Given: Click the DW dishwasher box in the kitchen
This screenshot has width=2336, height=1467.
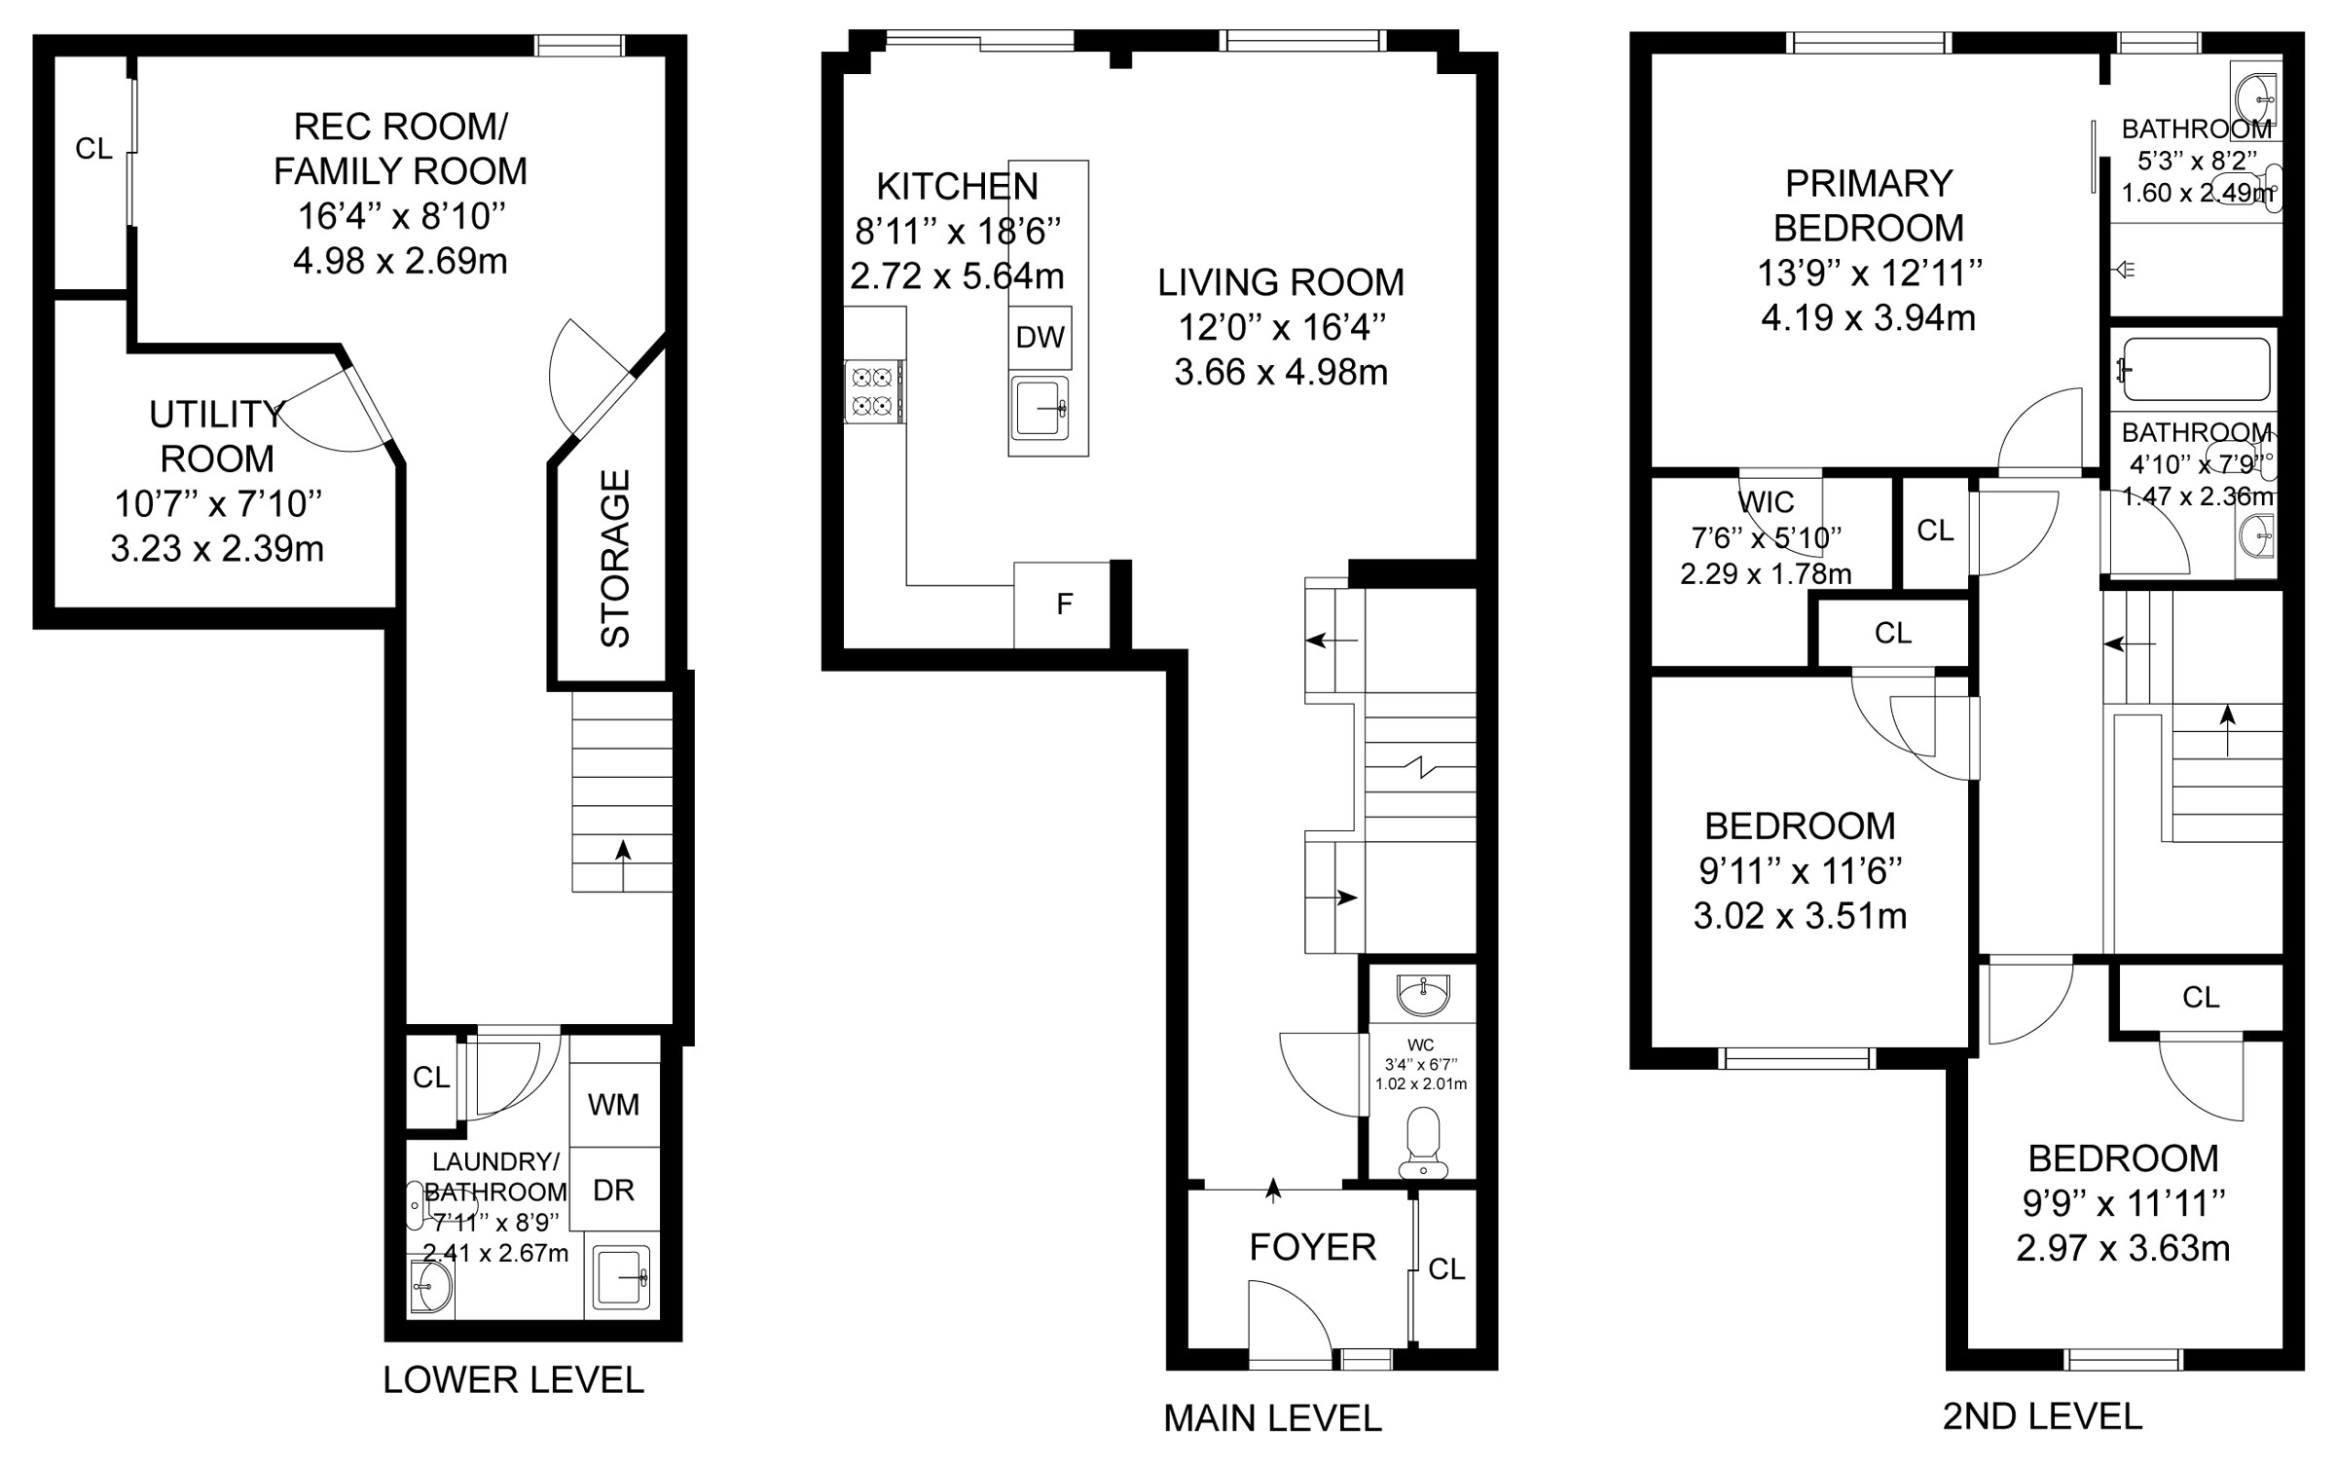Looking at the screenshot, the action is [1040, 337].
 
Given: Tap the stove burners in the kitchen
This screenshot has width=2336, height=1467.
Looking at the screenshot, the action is [873, 391].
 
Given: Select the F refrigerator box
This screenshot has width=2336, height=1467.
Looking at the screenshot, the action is [1063, 605].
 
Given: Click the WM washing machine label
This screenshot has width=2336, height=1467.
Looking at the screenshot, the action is [613, 1104].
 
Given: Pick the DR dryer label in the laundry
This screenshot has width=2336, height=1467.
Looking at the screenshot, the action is [613, 1190].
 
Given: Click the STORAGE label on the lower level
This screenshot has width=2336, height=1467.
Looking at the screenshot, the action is [615, 559].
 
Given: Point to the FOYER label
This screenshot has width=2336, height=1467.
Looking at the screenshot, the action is [1312, 1247].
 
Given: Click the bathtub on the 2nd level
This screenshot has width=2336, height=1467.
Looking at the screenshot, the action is [2196, 369].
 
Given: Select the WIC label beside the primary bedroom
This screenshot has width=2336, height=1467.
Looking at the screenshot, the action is [1766, 502].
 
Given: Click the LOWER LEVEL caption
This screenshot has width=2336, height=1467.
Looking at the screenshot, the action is [513, 1379].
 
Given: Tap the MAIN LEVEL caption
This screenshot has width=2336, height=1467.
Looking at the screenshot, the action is [1272, 1418].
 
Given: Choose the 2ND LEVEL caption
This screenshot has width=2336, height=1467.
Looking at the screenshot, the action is [2042, 1416].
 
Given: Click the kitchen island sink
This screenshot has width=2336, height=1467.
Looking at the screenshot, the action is [1041, 408].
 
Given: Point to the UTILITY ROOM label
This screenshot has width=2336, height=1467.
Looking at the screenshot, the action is [217, 436].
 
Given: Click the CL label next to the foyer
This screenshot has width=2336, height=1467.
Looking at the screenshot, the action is [1446, 1268].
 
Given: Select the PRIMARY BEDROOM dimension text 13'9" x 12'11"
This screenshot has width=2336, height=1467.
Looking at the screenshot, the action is [1869, 273].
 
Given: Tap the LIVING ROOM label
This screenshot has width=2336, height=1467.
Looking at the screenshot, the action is [1281, 282].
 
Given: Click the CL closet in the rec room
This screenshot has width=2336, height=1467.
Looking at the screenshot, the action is [93, 149].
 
